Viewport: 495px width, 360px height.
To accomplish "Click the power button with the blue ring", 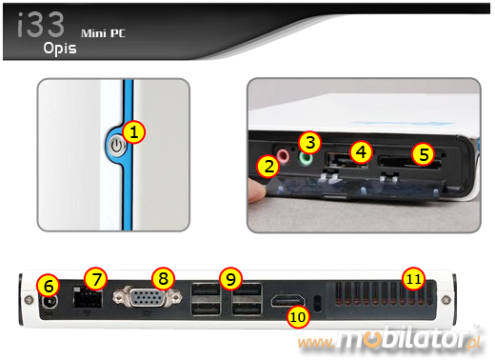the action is [x=117, y=147].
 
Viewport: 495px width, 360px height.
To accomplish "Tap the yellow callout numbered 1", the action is [x=134, y=132].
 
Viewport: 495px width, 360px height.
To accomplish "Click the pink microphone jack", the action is [x=283, y=155].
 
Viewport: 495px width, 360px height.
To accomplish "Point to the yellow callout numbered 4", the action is [x=361, y=152].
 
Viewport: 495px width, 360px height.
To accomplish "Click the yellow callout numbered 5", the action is [x=423, y=154].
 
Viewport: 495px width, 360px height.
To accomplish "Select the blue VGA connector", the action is [x=148, y=297].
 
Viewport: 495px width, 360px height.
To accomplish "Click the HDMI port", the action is [x=287, y=300].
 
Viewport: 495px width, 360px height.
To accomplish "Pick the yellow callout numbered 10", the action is [x=298, y=316].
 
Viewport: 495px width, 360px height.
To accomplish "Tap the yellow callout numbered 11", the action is [x=413, y=279].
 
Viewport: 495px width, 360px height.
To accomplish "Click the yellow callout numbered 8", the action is [x=164, y=278].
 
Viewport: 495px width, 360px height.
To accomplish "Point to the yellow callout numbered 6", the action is [x=48, y=286].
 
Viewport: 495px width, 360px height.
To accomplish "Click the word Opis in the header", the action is [x=60, y=49].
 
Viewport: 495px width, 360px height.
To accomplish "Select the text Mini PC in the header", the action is [x=103, y=33].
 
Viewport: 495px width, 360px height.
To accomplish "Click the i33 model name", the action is [x=41, y=25].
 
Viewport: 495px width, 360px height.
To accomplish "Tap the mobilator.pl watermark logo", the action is [x=389, y=340].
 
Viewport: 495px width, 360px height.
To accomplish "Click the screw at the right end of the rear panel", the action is [x=445, y=299].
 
